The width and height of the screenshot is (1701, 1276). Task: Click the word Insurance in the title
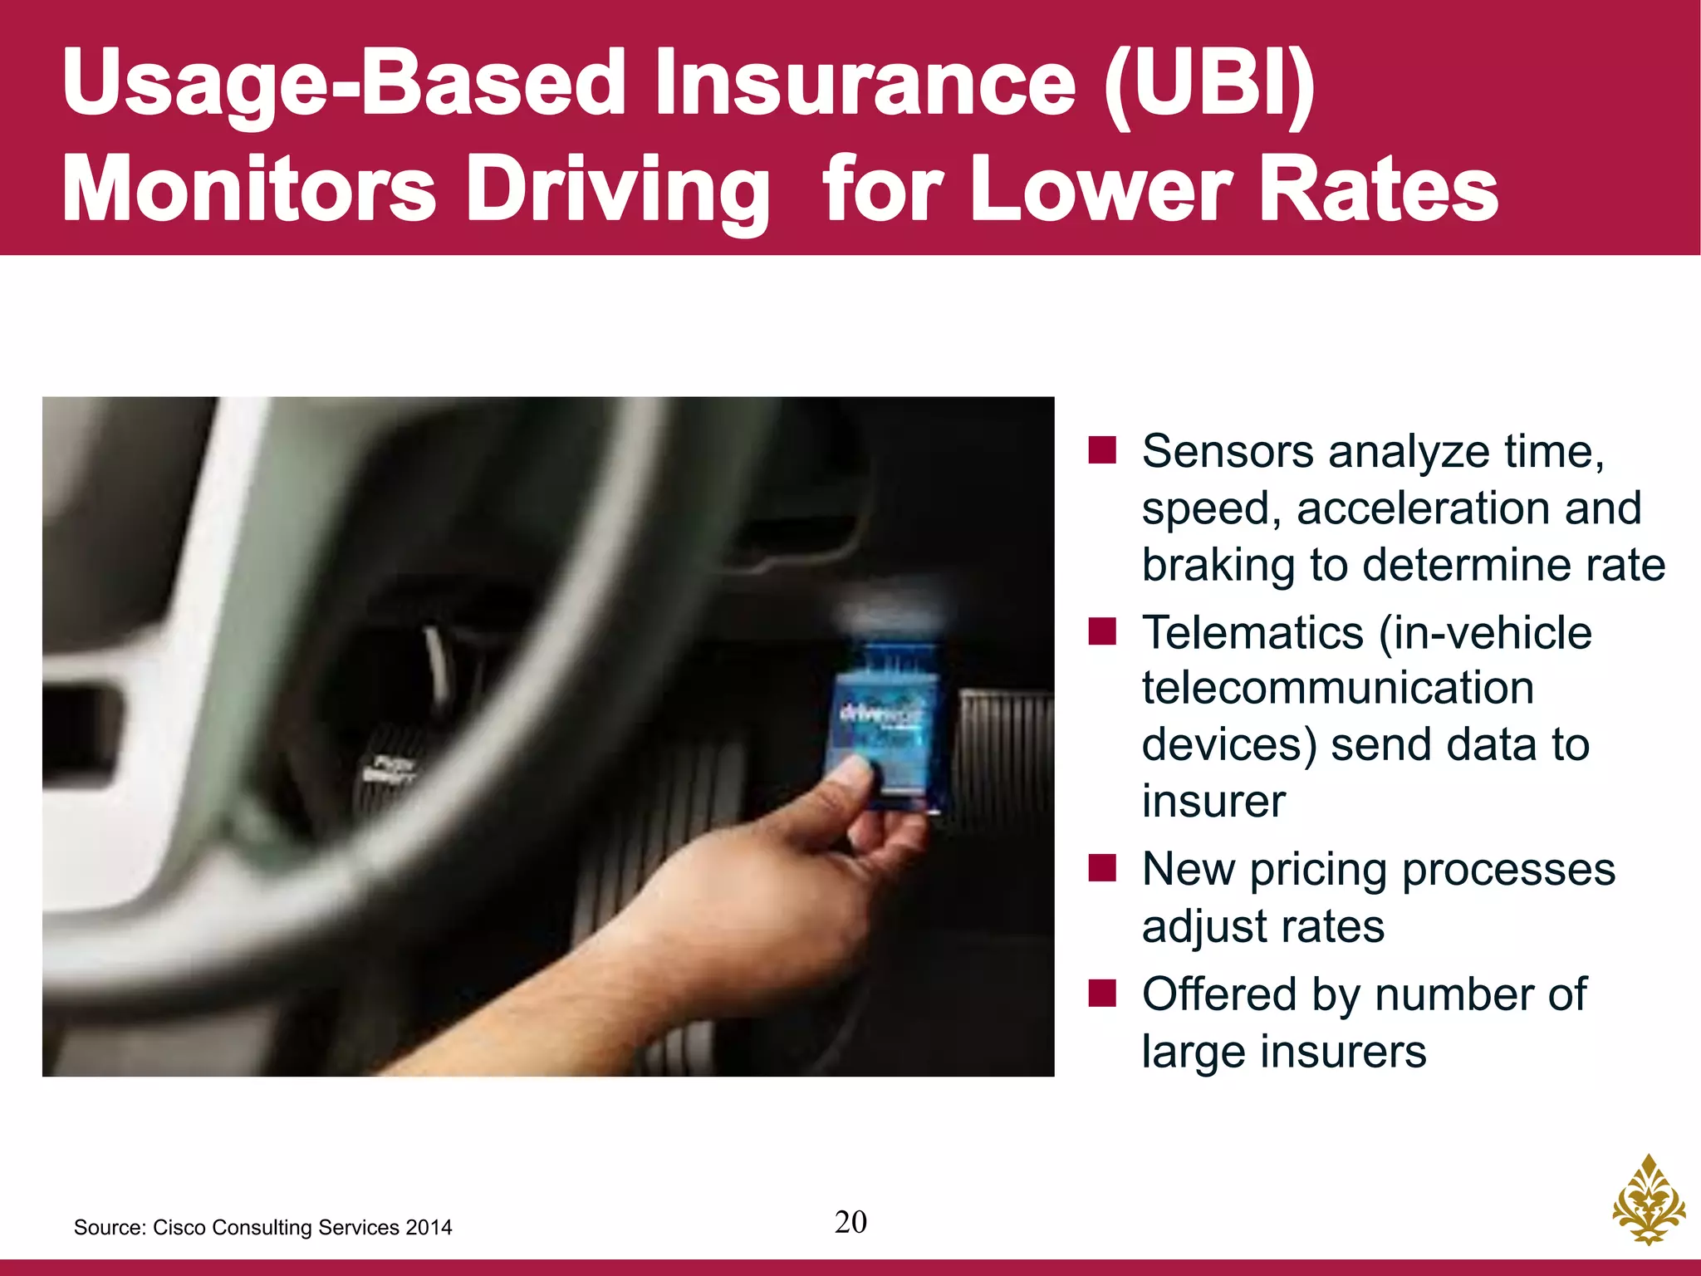(864, 83)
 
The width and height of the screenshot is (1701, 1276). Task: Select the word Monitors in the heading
(249, 189)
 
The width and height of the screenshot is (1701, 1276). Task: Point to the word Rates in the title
(1379, 189)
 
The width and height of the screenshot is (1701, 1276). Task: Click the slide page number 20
(850, 1222)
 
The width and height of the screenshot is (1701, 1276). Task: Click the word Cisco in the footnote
(176, 1228)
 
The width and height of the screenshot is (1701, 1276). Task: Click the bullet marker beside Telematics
(1102, 632)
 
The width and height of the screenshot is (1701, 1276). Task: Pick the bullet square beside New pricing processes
(1102, 869)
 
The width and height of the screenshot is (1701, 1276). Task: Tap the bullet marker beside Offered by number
(1102, 994)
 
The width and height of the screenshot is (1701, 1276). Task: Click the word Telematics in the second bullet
(1252, 633)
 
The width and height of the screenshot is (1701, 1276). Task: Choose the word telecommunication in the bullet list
(1337, 689)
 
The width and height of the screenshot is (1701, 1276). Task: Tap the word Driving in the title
(623, 189)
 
